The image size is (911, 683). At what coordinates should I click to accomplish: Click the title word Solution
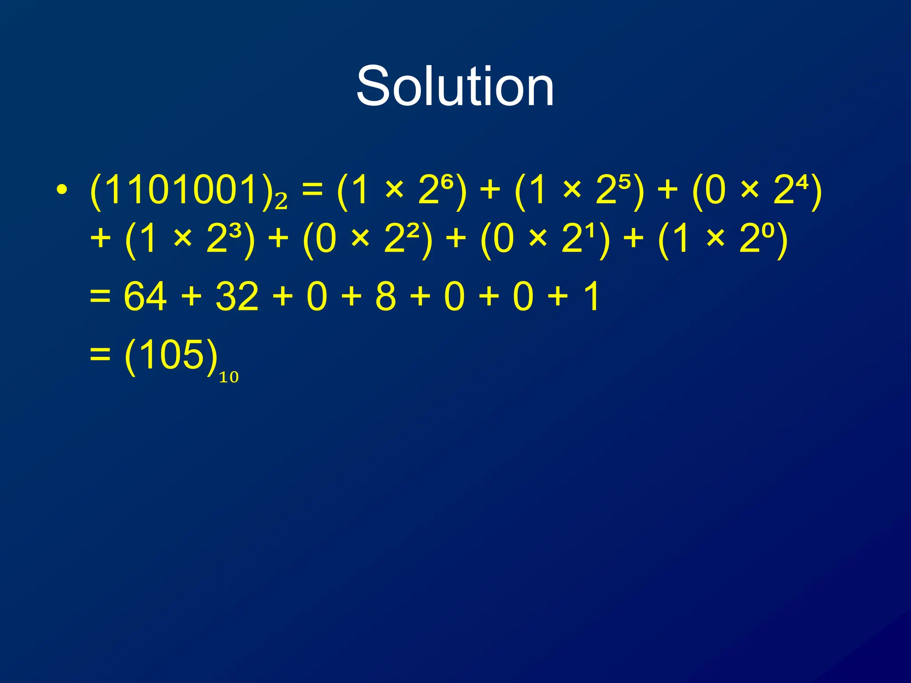point(455,86)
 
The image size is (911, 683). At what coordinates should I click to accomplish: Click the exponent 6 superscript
point(447,182)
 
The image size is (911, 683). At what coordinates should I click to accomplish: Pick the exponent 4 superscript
point(802,182)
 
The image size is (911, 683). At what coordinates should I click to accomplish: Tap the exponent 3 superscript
point(236,231)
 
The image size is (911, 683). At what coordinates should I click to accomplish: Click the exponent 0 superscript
point(768,231)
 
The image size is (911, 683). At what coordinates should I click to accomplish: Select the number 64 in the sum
point(145,297)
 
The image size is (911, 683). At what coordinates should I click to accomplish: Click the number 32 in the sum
point(237,297)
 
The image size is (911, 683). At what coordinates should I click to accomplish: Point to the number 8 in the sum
point(385,297)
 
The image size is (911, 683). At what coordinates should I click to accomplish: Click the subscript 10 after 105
point(229,378)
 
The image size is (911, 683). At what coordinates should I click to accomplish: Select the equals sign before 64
point(100,297)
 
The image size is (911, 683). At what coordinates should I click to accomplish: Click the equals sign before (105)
point(100,355)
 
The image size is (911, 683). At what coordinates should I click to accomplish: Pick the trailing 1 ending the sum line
point(592,297)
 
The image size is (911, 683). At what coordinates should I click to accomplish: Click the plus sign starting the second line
point(101,239)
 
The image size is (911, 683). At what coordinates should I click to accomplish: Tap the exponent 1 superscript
point(590,231)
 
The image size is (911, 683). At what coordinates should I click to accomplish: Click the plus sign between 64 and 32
point(192,297)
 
